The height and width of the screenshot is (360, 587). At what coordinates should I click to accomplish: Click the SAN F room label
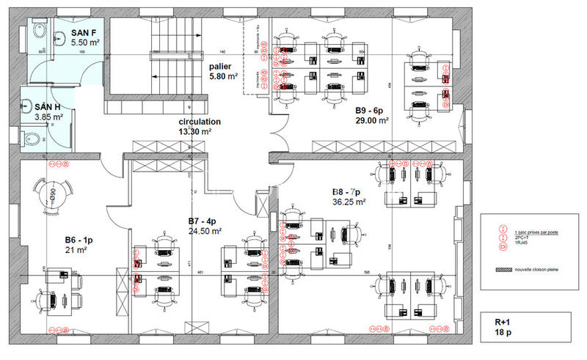84,34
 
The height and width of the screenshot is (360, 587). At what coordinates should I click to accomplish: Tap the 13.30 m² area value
195,132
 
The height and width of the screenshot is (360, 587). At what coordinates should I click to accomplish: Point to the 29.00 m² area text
372,120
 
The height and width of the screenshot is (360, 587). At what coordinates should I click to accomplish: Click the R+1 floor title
503,322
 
